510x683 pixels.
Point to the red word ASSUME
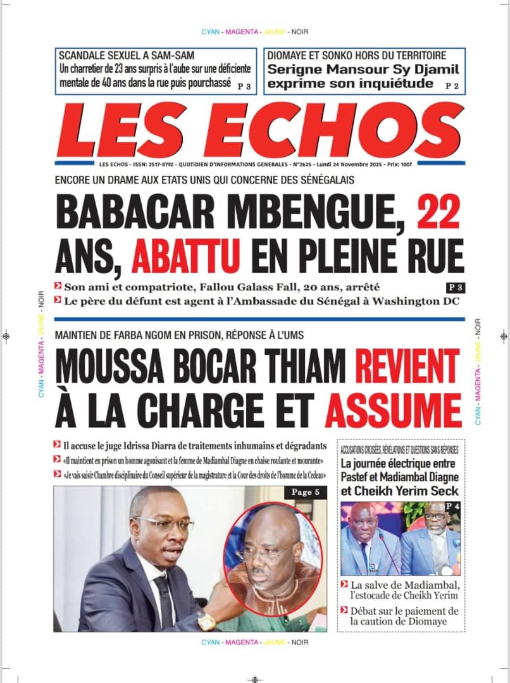[393, 409]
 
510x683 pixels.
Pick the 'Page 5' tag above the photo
[306, 492]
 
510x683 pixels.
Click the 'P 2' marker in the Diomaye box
[452, 85]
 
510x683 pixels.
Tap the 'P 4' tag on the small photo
[452, 506]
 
